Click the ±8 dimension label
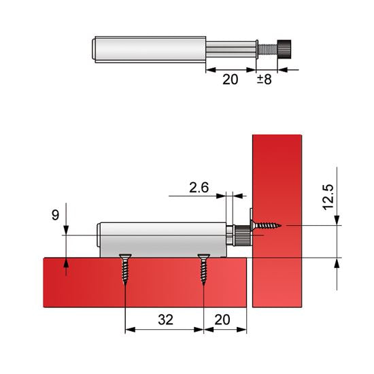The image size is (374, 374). [x=265, y=80]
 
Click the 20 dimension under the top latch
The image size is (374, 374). [x=230, y=80]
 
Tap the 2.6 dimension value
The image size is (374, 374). [x=199, y=188]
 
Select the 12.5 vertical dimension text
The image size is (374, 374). [x=328, y=197]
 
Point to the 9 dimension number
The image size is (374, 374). [x=55, y=215]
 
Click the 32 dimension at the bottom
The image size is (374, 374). [x=165, y=320]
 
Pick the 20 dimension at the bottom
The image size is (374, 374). [x=222, y=320]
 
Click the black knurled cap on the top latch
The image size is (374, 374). [x=284, y=49]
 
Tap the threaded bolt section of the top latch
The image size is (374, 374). [x=268, y=49]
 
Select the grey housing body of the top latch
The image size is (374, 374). [x=150, y=50]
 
